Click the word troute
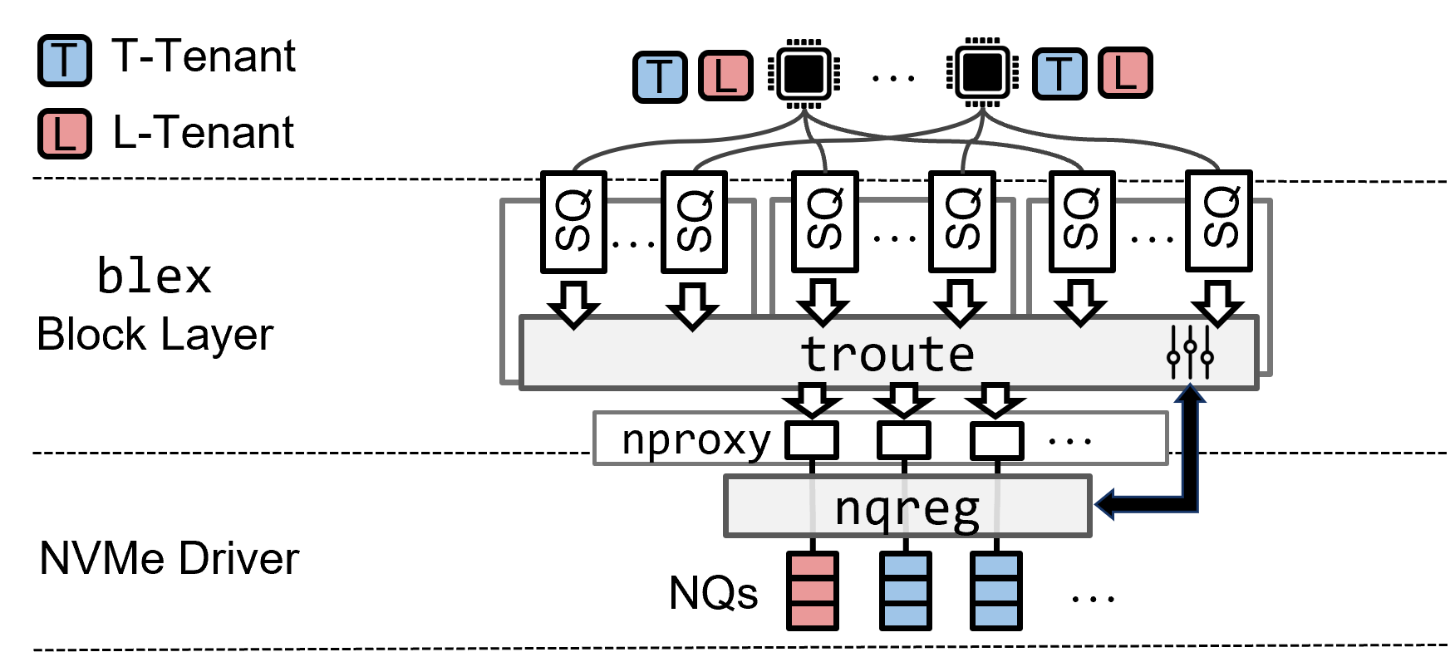[x=887, y=355]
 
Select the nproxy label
[x=696, y=439]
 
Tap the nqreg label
[x=907, y=507]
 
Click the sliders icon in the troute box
[x=1190, y=353]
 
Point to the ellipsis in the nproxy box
[x=1069, y=442]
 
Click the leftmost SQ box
[x=573, y=222]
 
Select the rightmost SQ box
[x=1219, y=221]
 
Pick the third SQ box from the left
[x=825, y=222]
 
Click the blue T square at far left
[x=65, y=61]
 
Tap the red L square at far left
[x=65, y=134]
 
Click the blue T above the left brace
[x=660, y=77]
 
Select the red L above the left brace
[x=725, y=76]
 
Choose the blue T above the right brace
[x=1059, y=74]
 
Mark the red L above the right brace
[x=1125, y=73]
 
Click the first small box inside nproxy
[x=812, y=439]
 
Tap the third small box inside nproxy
[x=996, y=439]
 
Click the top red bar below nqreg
[x=813, y=566]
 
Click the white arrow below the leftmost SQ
[x=573, y=306]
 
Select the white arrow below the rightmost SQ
[x=1218, y=305]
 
